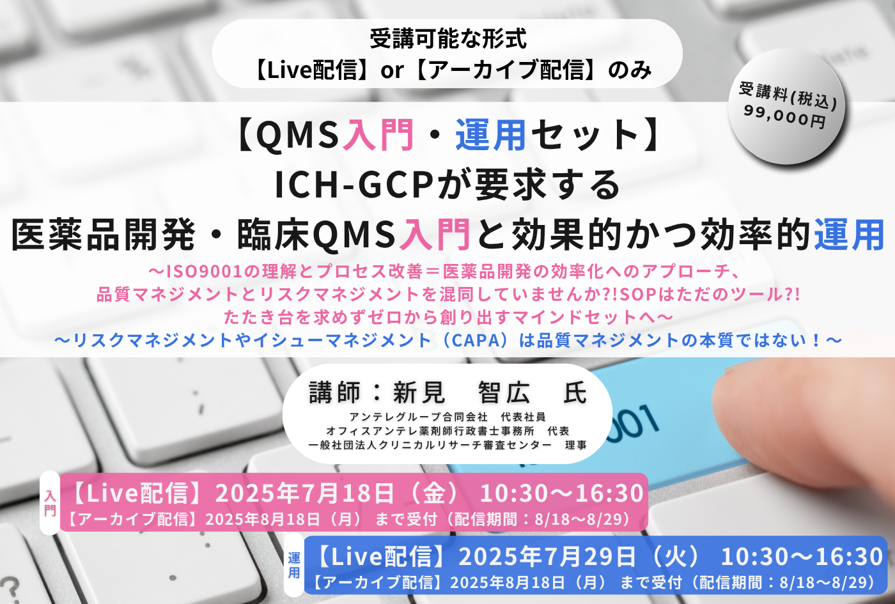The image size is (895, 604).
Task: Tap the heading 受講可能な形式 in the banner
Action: pos(448,39)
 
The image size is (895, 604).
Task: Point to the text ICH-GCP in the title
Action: pos(354,185)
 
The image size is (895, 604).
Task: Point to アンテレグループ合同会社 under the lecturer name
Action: pos(418,417)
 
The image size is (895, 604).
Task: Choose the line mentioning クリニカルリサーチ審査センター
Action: pos(447,445)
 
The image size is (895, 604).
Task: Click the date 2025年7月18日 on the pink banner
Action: pos(304,493)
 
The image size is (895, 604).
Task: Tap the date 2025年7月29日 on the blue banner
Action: pos(547,556)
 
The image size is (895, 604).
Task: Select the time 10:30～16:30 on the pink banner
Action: pos(561,493)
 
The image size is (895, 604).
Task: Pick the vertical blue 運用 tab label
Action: pos(294,565)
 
